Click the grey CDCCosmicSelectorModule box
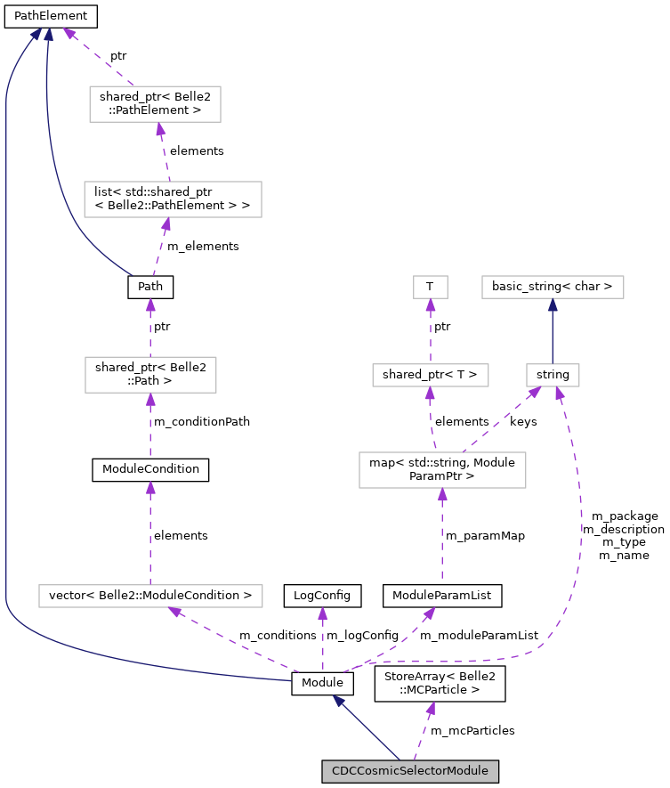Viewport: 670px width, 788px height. (409, 771)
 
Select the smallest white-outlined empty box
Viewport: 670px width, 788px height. (431, 287)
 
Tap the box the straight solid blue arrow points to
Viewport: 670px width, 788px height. (553, 287)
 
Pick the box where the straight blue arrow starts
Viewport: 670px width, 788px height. (553, 375)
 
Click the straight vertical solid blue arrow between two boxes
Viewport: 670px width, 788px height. (553, 331)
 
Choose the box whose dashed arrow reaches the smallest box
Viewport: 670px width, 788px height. (431, 375)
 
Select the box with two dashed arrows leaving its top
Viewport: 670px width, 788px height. (442, 470)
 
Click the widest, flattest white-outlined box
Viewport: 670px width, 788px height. (150, 596)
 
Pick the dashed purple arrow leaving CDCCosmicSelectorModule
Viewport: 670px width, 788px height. (422, 732)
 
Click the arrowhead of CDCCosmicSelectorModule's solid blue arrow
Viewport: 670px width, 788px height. (338, 701)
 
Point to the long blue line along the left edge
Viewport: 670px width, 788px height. (6, 356)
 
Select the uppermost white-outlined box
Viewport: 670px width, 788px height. (155, 104)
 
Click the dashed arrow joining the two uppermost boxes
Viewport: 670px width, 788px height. (164, 151)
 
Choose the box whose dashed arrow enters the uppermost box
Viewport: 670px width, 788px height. (173, 199)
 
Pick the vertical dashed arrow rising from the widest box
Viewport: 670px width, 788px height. (150, 534)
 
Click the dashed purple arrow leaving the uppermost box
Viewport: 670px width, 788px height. (98, 56)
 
